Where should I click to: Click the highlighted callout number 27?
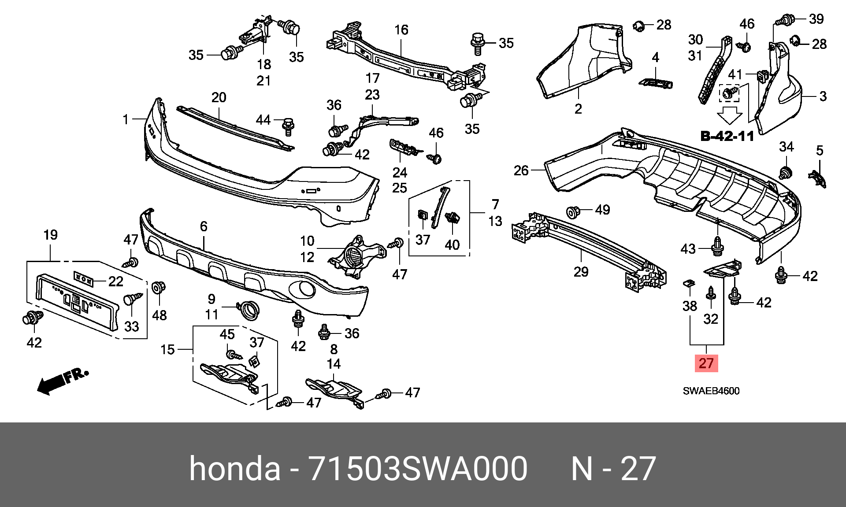point(706,363)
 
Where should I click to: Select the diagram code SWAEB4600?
point(711,391)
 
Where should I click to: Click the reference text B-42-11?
point(727,136)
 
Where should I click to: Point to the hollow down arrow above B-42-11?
point(730,115)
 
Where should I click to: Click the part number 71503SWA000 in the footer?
point(418,469)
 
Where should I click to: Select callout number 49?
point(602,210)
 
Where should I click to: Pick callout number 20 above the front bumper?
point(219,97)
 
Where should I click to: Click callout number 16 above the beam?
point(401,30)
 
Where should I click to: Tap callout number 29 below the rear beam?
point(581,272)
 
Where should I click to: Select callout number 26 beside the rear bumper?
point(521,170)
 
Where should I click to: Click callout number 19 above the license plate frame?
point(50,235)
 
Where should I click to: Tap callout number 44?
point(263,120)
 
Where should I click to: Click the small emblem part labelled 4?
point(656,83)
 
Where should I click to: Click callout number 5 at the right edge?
point(820,151)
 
